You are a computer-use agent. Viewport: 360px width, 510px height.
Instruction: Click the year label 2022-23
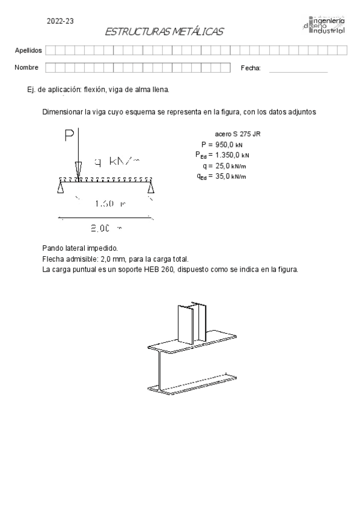pyautogui.click(x=60, y=20)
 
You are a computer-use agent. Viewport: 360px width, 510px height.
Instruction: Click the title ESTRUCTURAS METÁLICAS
pyautogui.click(x=163, y=32)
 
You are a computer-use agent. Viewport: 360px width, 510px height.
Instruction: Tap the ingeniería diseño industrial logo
pyautogui.click(x=325, y=26)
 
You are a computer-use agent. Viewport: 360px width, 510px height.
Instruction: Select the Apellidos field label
pyautogui.click(x=28, y=51)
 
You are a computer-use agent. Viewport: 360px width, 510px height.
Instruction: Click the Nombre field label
pyautogui.click(x=26, y=67)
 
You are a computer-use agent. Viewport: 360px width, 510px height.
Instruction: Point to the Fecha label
pyautogui.click(x=251, y=68)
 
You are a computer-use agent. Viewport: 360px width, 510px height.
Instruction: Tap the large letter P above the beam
pyautogui.click(x=70, y=137)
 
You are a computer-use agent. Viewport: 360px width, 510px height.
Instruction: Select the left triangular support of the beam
pyautogui.click(x=61, y=189)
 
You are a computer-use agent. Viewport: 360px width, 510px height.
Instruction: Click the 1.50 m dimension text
pyautogui.click(x=110, y=204)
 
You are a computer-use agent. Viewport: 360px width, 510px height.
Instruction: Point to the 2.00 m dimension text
pyautogui.click(x=106, y=228)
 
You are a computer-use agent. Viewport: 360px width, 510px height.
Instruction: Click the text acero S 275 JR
pyautogui.click(x=237, y=134)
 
